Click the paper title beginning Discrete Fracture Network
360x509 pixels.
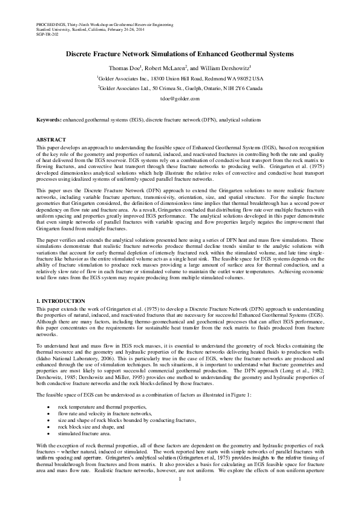point(180,54)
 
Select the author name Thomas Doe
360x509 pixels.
point(123,68)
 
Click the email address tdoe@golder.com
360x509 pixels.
point(180,97)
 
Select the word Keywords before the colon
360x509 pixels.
point(48,121)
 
